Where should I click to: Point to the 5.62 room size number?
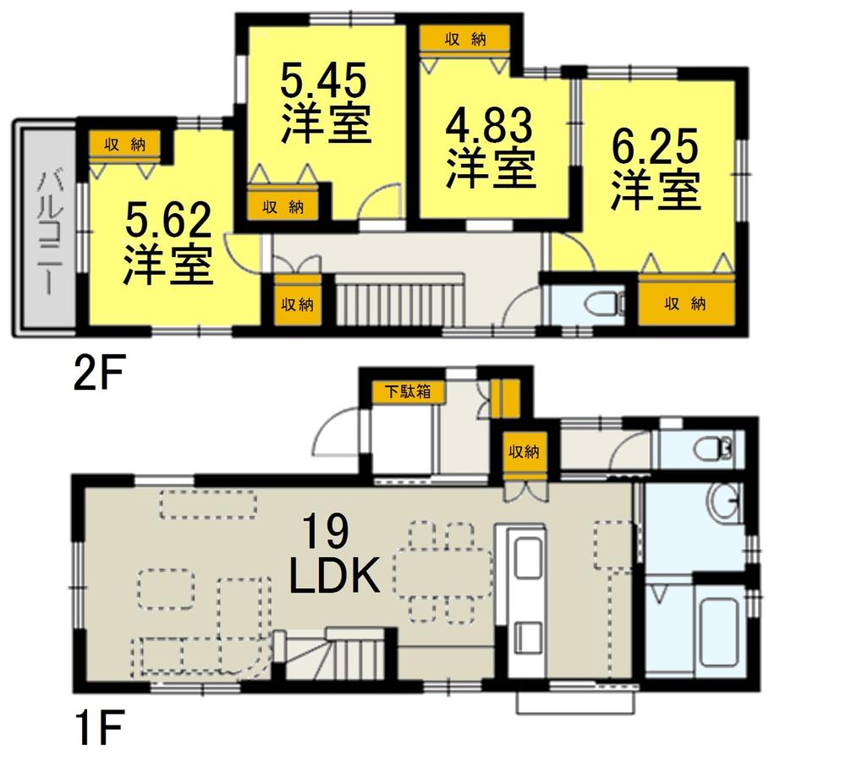(x=168, y=222)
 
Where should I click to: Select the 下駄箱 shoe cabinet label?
(x=405, y=391)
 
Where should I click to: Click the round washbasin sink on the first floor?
(x=723, y=505)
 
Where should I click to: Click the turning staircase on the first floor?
(x=334, y=655)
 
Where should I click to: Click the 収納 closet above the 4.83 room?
(x=465, y=40)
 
